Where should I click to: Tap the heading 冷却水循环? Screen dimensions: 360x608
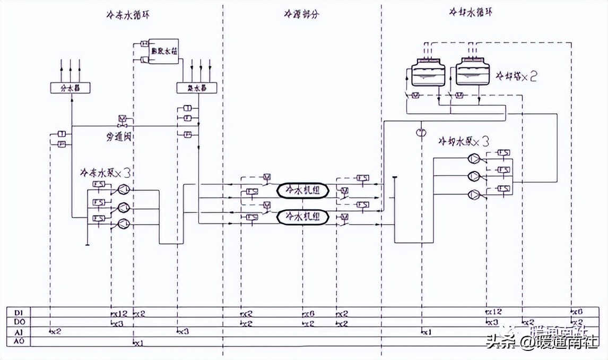coord(470,12)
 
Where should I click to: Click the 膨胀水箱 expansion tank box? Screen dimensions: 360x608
coord(163,52)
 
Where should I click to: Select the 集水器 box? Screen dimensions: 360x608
coord(190,88)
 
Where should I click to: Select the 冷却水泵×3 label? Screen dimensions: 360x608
coord(463,142)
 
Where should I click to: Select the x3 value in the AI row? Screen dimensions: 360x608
coord(183,332)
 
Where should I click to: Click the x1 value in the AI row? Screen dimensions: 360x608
coord(427,332)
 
